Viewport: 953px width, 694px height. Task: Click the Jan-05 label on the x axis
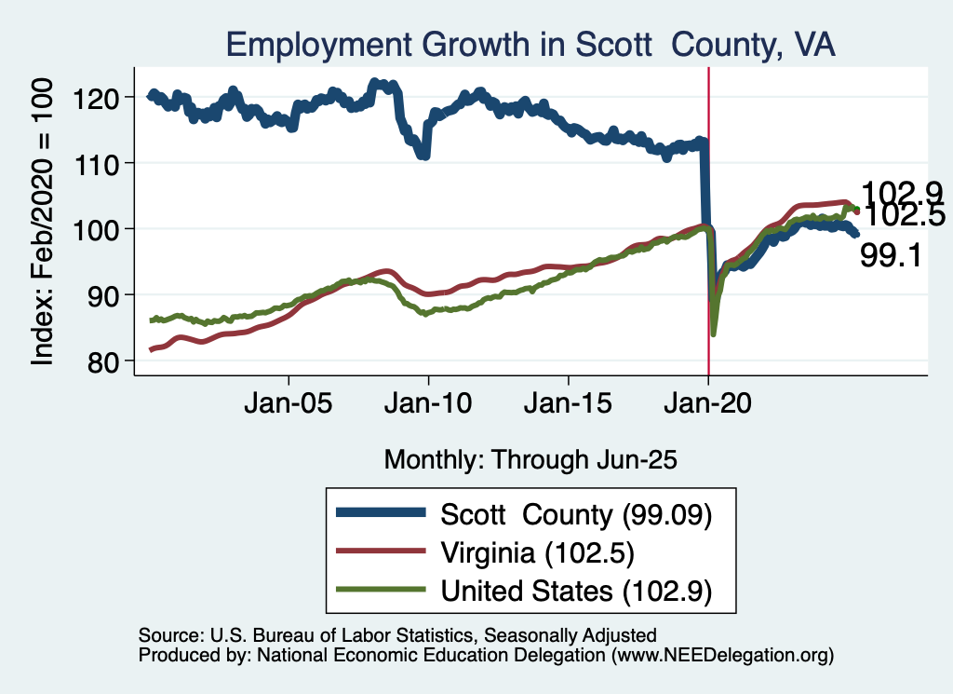tap(289, 406)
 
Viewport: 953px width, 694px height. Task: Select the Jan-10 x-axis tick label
tap(428, 406)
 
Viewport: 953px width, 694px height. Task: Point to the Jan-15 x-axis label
tap(569, 406)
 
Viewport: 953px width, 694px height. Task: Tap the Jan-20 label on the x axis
tap(708, 406)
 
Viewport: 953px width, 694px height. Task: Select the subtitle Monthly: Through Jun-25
tap(530, 459)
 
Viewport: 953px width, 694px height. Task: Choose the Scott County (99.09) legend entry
tap(576, 514)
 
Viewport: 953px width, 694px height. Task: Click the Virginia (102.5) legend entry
tap(537, 552)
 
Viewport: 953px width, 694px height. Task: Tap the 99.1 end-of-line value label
tap(891, 255)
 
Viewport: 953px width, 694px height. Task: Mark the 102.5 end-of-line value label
tap(904, 216)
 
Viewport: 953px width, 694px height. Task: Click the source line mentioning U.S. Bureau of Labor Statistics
tap(397, 635)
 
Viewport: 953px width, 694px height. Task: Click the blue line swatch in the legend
tap(382, 514)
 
